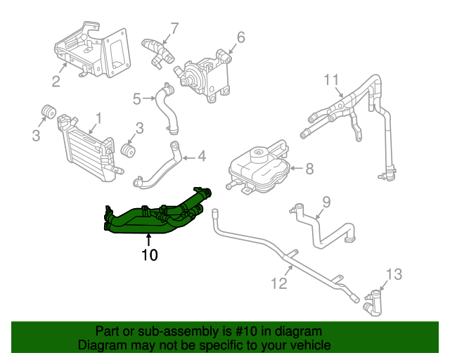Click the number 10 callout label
[148, 255]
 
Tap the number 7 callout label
[174, 29]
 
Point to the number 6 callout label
[240, 37]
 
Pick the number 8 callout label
[309, 168]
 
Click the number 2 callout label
[56, 82]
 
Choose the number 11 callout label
[331, 79]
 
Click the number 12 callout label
[279, 283]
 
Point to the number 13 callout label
[395, 274]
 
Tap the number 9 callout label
[326, 203]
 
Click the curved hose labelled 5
[167, 109]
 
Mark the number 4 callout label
[201, 156]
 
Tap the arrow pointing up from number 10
[148, 240]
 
